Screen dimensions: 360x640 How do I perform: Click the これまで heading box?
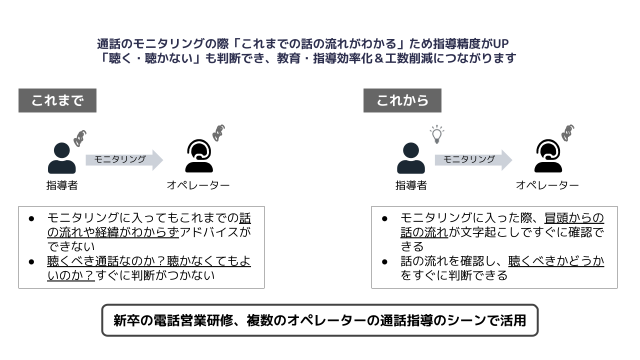pos(57,100)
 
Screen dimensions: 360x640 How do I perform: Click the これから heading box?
pos(402,100)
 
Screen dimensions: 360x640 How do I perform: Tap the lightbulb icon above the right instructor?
pos(437,134)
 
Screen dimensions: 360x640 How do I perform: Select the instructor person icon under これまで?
pos(62,158)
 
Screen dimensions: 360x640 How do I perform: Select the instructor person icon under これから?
pos(411,158)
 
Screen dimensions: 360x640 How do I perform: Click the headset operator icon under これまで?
pos(198,156)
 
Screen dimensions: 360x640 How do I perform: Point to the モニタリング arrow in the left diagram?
pos(124,159)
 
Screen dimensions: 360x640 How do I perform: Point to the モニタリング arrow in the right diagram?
pos(473,159)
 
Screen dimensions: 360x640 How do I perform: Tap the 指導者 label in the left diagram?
pos(62,185)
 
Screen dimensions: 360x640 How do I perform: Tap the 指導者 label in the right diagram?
pos(411,185)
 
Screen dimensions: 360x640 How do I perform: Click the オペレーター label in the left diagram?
pos(198,185)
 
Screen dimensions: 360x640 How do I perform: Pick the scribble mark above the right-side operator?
pos(567,132)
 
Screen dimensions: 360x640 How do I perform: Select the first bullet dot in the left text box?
pos(31,218)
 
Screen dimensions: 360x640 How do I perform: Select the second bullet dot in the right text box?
pos(385,261)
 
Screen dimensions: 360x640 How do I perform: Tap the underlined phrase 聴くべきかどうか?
pos(556,261)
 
